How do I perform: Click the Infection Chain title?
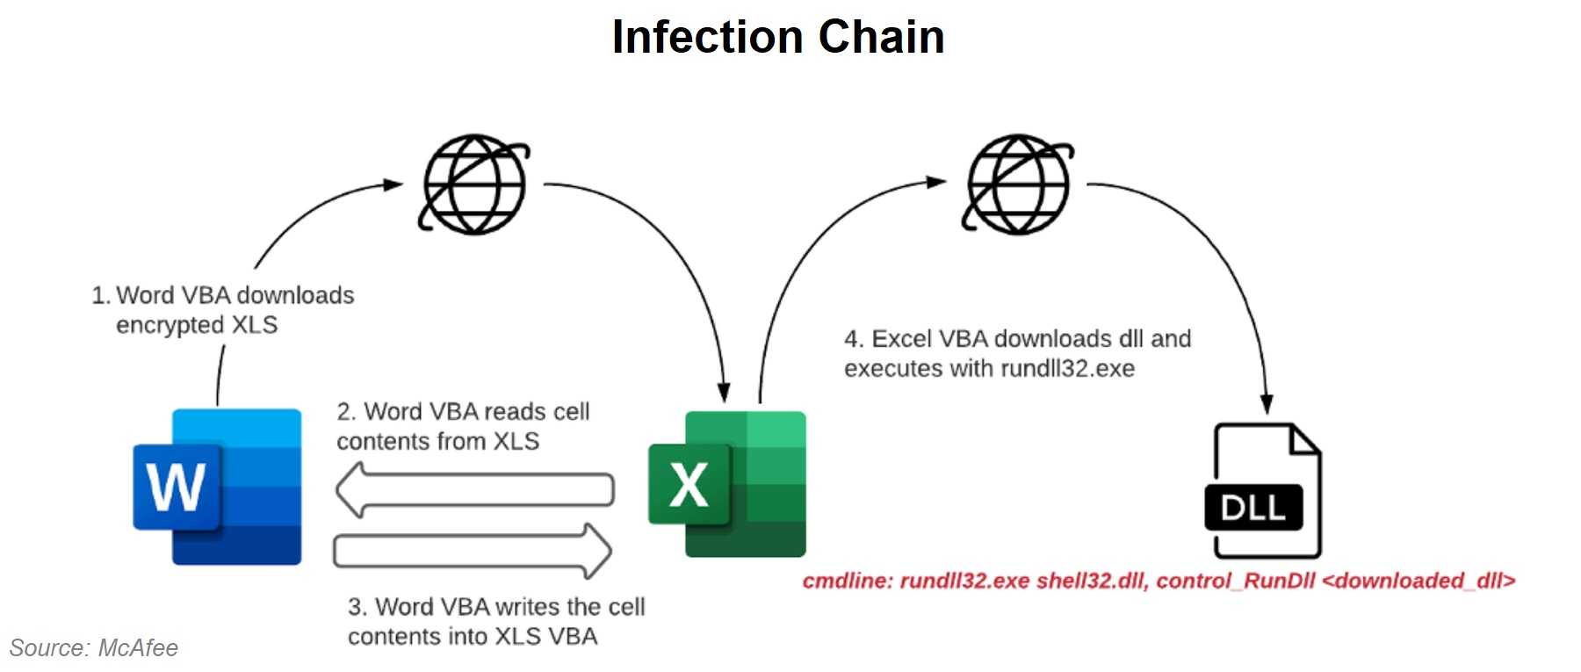coord(777,38)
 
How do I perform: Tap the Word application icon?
coord(218,487)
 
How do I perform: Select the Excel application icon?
coord(727,483)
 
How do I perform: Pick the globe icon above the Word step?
coord(474,184)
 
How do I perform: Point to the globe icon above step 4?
coord(1017,184)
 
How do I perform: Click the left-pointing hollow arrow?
coord(474,490)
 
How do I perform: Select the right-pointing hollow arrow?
coord(473,552)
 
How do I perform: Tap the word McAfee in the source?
coord(138,648)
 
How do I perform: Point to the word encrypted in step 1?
coord(170,325)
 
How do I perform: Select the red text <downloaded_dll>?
coord(1418,581)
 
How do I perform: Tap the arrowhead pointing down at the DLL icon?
coord(1266,403)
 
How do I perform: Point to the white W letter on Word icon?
coord(176,487)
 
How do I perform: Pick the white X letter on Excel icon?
coord(689,484)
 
